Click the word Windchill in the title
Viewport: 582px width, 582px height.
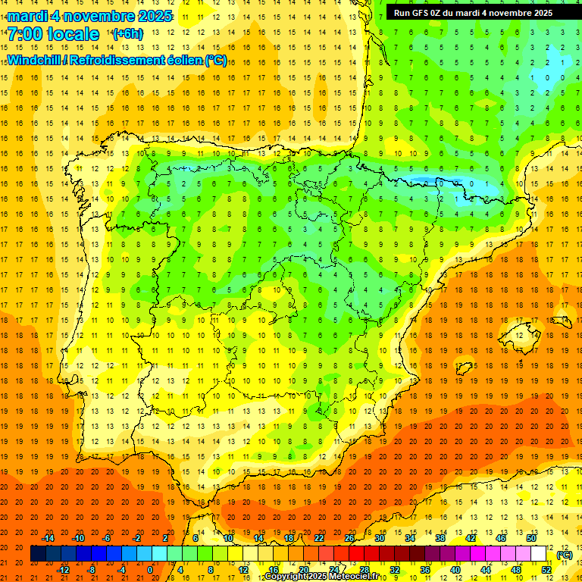click(33, 60)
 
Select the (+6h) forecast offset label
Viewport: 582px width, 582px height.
click(127, 34)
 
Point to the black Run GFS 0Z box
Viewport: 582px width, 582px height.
click(473, 13)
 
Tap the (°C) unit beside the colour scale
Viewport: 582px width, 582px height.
click(564, 555)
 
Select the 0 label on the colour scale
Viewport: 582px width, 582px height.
click(150, 570)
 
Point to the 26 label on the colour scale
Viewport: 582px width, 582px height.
click(349, 538)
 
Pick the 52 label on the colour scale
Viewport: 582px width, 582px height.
click(546, 570)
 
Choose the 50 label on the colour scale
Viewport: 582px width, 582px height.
click(530, 538)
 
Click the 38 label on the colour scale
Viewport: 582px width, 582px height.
click(440, 538)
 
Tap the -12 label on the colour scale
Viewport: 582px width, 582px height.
click(64, 570)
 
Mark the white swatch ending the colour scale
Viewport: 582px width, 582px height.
click(539, 554)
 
